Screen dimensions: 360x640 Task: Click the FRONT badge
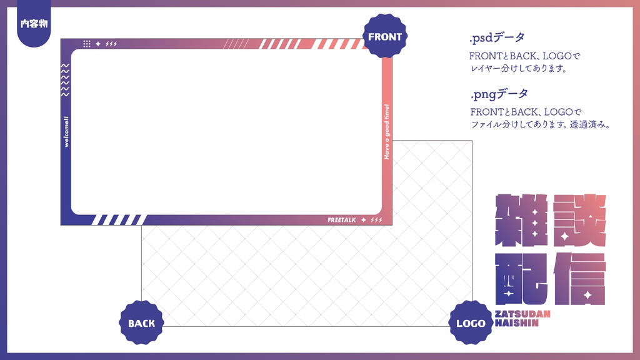click(x=385, y=37)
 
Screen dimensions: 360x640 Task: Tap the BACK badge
click(x=141, y=323)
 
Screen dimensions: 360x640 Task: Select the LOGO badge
click(x=471, y=323)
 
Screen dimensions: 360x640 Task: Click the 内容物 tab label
click(x=34, y=24)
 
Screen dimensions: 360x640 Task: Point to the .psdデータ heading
click(x=497, y=37)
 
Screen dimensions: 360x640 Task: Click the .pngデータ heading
click(x=499, y=94)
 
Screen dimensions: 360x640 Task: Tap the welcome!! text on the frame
click(x=66, y=132)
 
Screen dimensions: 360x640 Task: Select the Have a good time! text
click(x=387, y=131)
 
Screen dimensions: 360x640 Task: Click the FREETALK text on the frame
click(x=341, y=220)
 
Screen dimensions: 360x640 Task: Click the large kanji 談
click(x=579, y=220)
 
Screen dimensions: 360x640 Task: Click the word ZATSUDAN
click(x=522, y=314)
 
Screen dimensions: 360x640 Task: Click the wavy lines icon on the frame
click(x=66, y=80)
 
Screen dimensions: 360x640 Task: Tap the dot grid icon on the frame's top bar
click(x=87, y=44)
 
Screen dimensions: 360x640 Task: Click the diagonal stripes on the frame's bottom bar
click(x=119, y=219)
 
